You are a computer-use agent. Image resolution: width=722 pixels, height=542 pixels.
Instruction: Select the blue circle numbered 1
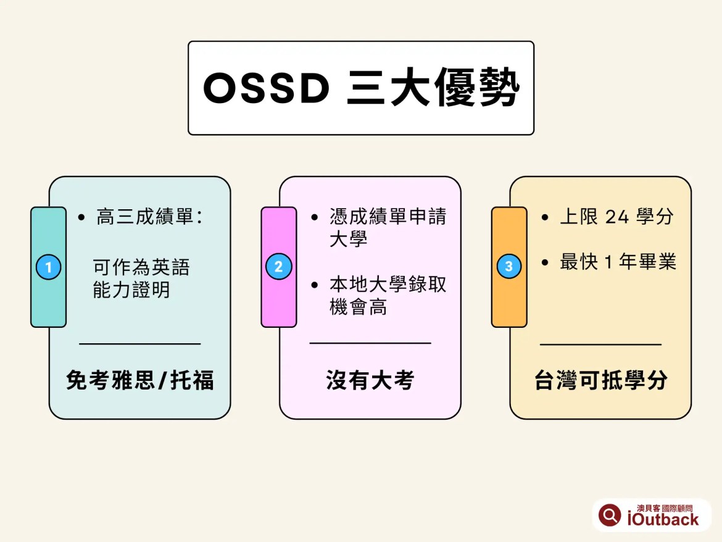coord(48,267)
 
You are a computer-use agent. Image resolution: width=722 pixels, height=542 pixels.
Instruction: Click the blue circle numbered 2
coord(278,267)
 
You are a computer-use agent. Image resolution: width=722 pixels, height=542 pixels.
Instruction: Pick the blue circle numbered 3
coord(509,267)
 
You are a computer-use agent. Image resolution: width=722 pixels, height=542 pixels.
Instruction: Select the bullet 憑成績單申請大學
coord(388,227)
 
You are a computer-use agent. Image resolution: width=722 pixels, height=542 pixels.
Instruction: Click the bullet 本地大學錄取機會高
coord(388,295)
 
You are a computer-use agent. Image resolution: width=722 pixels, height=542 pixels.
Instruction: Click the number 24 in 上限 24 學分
coord(618,217)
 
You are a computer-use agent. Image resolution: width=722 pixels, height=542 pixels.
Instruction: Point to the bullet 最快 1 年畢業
coord(618,262)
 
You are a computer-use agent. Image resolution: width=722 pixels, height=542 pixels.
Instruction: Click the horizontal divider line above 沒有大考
coord(370,343)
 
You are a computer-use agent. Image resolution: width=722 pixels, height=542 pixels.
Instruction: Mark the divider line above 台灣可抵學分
coord(600,344)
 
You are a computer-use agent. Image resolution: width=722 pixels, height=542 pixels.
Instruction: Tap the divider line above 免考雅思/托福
coord(140,343)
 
